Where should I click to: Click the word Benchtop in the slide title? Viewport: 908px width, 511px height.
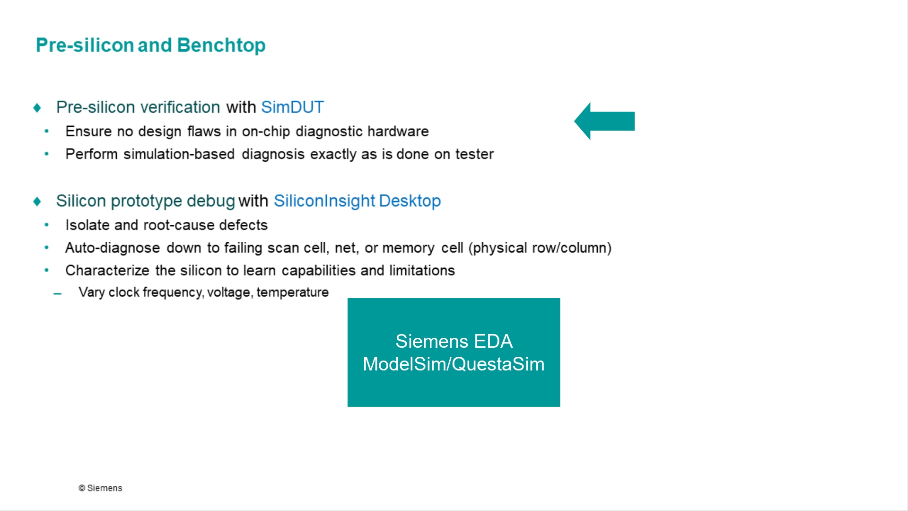[221, 45]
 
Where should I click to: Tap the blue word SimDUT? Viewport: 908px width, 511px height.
[292, 107]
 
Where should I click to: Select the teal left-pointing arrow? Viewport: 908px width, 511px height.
[604, 121]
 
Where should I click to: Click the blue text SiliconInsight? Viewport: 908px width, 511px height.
[324, 201]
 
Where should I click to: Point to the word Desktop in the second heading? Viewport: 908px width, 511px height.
[410, 201]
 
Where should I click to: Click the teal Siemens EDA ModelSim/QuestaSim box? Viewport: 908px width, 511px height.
[454, 352]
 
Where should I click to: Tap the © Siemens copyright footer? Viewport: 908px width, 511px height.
[100, 488]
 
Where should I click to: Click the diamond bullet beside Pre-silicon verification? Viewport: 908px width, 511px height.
[37, 108]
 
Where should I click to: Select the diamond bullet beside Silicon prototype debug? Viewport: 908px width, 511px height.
[37, 202]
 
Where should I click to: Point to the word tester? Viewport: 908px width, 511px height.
[474, 154]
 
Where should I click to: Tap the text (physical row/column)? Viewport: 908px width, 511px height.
[540, 248]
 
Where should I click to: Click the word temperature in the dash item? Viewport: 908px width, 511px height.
[292, 292]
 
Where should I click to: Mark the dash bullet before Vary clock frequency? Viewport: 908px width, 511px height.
[58, 294]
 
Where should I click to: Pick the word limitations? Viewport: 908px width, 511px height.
[422, 271]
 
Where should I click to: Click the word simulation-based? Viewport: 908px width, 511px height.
[179, 154]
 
